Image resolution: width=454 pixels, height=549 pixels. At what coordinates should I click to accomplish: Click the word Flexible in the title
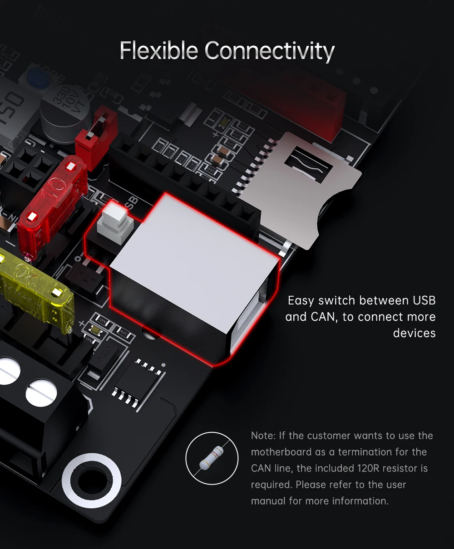coord(159,50)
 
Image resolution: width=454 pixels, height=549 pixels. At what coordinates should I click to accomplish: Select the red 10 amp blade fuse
coord(53,200)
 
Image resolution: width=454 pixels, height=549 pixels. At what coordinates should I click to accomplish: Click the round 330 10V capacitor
coord(65,112)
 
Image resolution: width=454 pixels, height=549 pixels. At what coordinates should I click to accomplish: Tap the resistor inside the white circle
coord(212,458)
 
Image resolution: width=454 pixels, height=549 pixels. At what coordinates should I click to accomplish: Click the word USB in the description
coord(424,300)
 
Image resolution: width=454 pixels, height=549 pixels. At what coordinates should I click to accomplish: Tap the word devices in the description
coord(414,333)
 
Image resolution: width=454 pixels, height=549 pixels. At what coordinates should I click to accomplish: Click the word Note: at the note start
coord(263,436)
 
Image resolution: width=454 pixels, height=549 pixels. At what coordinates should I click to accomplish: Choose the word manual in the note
coord(268,501)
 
